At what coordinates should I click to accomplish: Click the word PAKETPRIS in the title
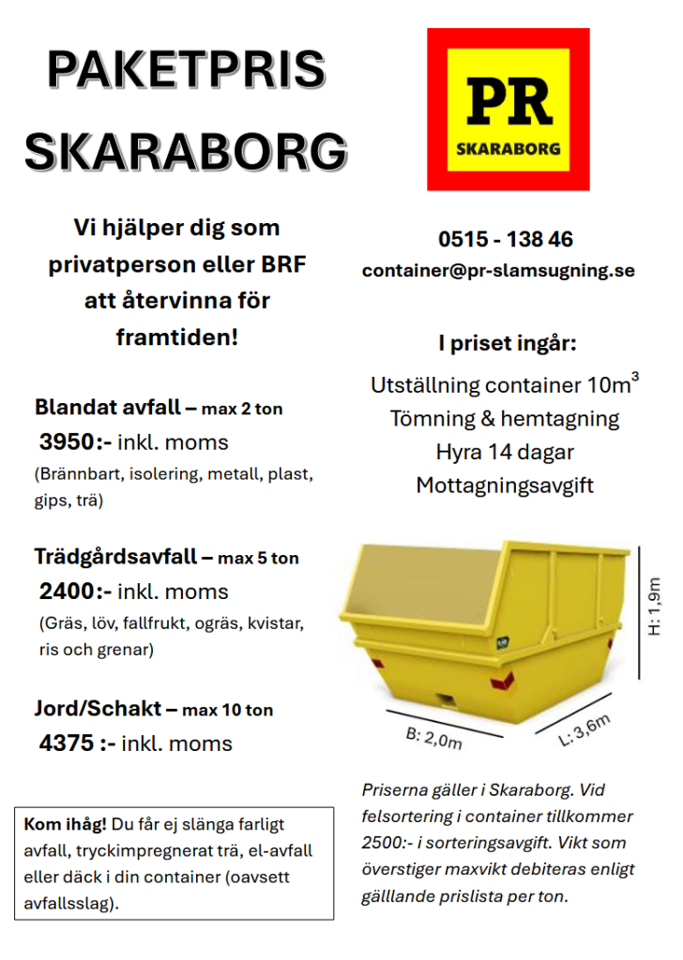click(x=186, y=70)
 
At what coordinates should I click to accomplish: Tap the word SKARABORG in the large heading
click(x=186, y=151)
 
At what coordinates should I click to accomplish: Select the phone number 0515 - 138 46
click(x=505, y=239)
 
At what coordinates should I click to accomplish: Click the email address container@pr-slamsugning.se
click(x=498, y=271)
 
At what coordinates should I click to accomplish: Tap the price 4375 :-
click(x=77, y=743)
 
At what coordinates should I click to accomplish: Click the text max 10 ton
click(x=228, y=711)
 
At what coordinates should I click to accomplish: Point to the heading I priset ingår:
click(x=506, y=343)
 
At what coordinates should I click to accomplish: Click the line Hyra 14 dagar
click(x=505, y=452)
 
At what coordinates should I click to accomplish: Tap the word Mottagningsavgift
click(x=505, y=486)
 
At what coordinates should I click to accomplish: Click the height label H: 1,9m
click(x=655, y=605)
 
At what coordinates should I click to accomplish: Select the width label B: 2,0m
click(x=434, y=739)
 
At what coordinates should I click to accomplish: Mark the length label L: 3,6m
click(x=584, y=729)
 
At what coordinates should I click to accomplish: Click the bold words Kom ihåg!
click(x=66, y=825)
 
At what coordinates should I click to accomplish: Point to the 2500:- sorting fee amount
click(x=388, y=843)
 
